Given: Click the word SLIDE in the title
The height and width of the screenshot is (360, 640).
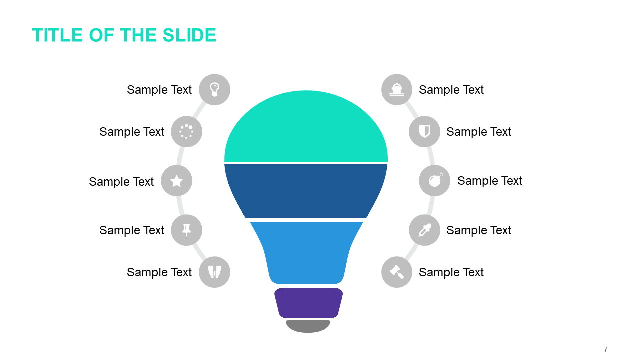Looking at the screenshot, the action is coord(189,35).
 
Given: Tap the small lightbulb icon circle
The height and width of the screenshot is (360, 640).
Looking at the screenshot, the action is coord(215,89).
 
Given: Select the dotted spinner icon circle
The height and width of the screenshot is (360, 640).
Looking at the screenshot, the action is coord(187,131).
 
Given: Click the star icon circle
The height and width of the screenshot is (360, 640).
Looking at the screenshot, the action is coord(177,181).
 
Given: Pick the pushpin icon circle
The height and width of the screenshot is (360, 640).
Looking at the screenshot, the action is coord(187,230).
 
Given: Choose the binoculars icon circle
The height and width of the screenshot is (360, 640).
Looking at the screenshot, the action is coord(215,272).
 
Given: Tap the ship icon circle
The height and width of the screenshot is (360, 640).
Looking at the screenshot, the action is coord(397,89).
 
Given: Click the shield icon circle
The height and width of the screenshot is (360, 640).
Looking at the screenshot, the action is coord(425,131).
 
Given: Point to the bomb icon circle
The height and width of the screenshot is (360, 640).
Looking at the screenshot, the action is coord(435,181).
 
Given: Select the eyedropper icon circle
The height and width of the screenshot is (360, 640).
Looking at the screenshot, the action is coord(425,230).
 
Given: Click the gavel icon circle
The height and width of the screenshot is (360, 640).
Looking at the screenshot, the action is coord(397,272).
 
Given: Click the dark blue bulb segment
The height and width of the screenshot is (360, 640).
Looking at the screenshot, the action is coord(306,191).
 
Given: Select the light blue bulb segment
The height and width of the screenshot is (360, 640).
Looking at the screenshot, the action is coord(306,253).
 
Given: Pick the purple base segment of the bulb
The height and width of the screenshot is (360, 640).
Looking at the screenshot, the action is coord(309,303).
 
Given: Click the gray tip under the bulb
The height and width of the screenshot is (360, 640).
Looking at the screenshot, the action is coord(308,326).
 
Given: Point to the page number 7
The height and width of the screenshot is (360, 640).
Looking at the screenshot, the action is coord(606,349).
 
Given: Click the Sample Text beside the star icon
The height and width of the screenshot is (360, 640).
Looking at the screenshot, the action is coord(121,182).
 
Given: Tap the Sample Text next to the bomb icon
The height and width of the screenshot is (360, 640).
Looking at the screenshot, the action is coord(490,181).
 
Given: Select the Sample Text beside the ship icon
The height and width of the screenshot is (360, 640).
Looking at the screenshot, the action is coord(451,90).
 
